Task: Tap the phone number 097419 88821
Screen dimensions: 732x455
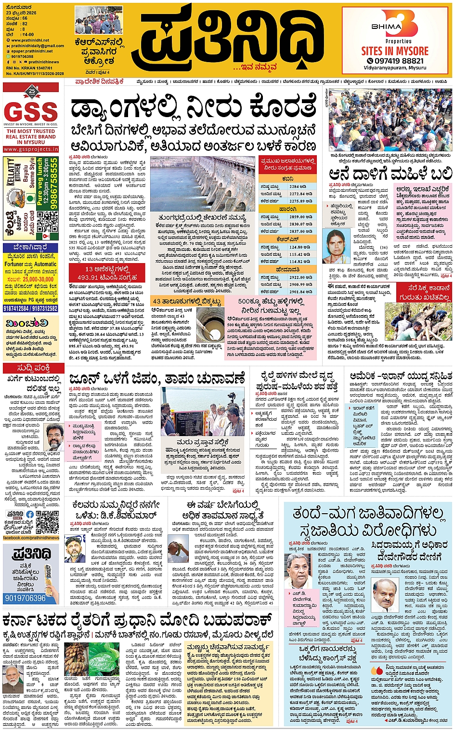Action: pos(395,61)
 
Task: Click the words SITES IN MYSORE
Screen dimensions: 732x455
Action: pos(395,51)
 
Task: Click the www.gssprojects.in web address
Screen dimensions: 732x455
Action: pos(31,149)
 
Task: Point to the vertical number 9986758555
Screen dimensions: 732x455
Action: pos(54,183)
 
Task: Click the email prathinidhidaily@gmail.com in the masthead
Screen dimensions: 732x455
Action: pos(37,46)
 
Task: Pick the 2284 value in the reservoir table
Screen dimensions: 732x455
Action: pos(297,186)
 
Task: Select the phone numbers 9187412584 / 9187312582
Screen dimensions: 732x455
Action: pos(31,308)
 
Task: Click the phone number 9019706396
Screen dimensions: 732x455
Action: pos(25,599)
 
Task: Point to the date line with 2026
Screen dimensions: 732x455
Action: pos(22,13)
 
